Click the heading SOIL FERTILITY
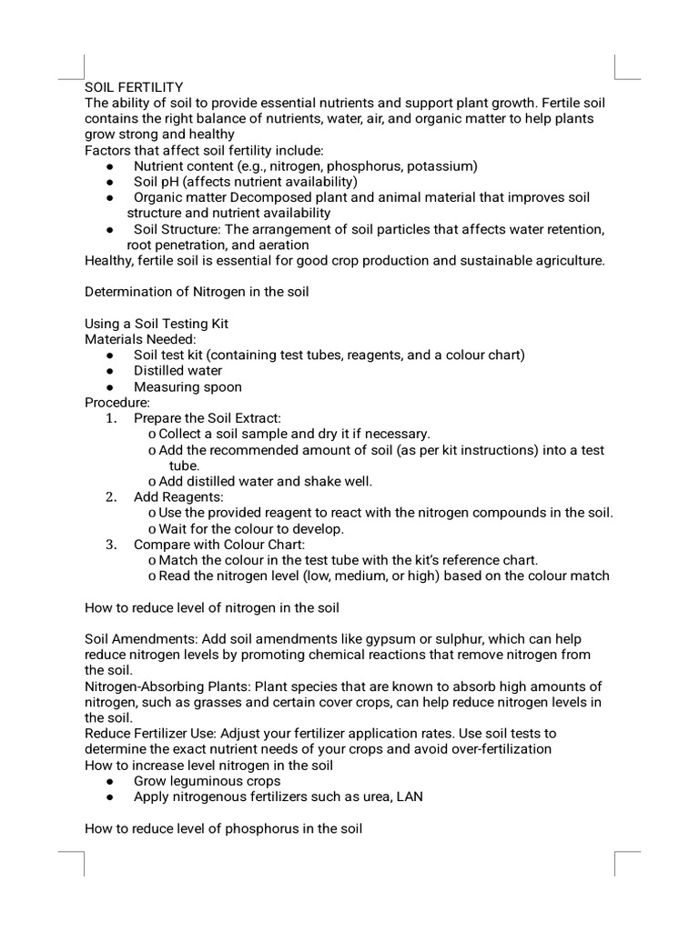click(134, 86)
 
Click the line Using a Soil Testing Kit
click(163, 323)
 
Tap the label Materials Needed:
click(140, 339)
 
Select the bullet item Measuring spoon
click(187, 386)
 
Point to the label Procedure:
click(117, 402)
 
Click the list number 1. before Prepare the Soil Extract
click(111, 418)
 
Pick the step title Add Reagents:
click(178, 497)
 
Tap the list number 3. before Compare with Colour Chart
click(111, 545)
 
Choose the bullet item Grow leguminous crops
click(207, 781)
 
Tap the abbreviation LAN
click(409, 796)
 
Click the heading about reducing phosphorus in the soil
click(223, 828)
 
